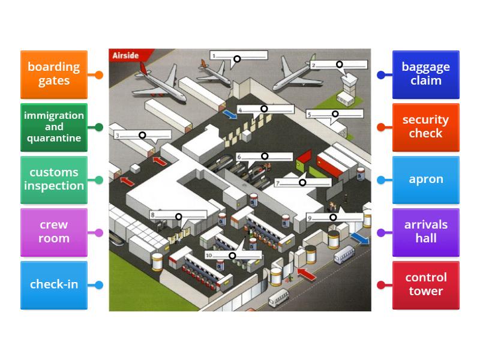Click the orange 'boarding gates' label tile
54,74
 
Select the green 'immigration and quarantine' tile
54,127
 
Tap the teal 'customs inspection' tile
54,179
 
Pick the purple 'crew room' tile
54,232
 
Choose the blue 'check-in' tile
54,284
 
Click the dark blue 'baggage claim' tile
426,74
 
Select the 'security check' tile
426,127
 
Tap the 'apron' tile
426,179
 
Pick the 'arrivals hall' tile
426,232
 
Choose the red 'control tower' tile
426,284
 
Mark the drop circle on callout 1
237,59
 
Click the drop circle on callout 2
339,64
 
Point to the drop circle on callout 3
142,135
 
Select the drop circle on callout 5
335,114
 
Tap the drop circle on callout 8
179,217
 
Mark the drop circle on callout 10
232,256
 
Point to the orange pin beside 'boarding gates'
99,75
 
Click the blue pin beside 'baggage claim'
381,75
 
